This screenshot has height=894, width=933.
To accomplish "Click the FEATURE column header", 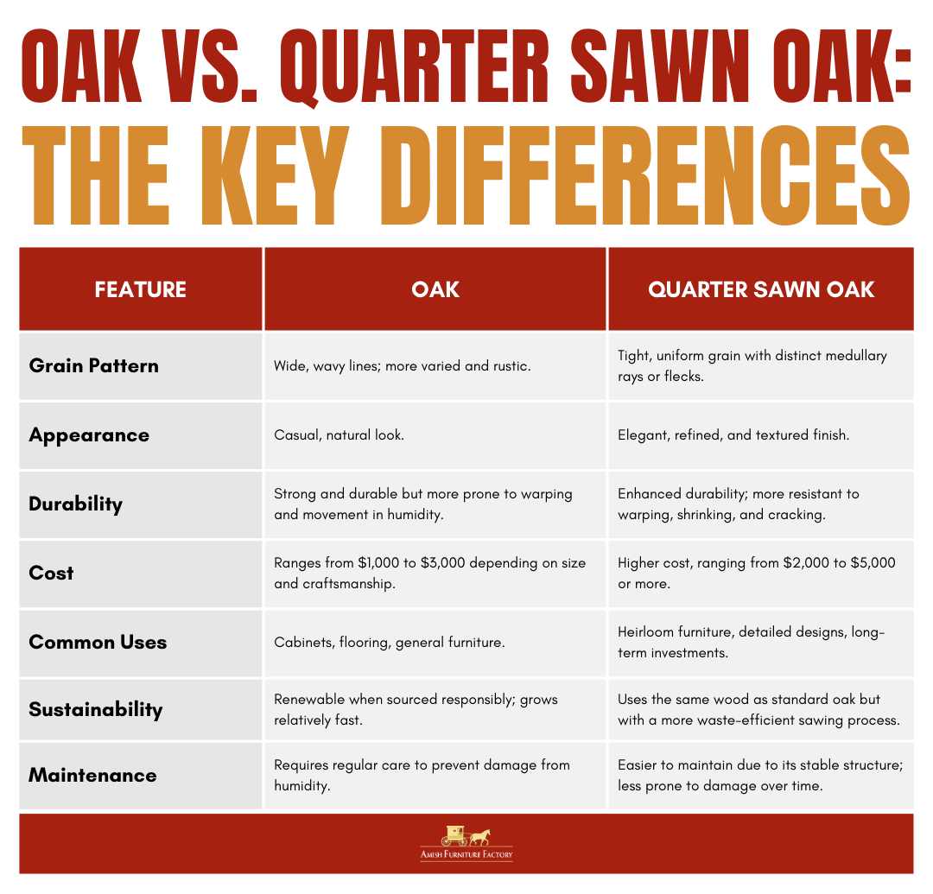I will pos(140,289).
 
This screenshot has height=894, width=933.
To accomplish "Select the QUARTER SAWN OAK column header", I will pos(761,289).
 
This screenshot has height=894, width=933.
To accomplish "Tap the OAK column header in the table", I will pos(435,289).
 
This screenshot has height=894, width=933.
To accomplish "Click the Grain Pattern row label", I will pos(93,365).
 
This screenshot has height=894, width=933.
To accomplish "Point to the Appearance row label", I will pos(88,434).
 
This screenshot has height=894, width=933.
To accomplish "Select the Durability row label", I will pos(75,504).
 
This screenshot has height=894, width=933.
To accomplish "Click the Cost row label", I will pos(51,573).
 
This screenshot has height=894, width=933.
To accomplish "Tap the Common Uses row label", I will pos(98,642).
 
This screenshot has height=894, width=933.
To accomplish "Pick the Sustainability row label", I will pos(95,709).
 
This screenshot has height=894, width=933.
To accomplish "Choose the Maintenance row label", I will pos(92,775).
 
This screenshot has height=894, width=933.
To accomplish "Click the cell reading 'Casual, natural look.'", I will pos(339,435).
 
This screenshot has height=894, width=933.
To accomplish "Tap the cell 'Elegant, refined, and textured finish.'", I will pos(733,435).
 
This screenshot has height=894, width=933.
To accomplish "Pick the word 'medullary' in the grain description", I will pos(854,356).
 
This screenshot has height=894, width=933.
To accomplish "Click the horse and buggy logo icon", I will pos(466,835).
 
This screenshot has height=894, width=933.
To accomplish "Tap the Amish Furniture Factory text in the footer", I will pos(466,855).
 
